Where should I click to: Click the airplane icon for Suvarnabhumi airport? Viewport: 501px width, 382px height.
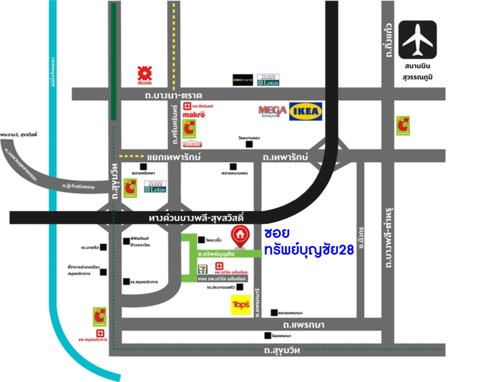point(417,40)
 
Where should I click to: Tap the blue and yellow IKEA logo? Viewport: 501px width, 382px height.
point(305,112)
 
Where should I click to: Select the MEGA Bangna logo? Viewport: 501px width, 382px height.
point(272,111)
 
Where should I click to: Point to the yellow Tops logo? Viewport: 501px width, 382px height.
point(240,305)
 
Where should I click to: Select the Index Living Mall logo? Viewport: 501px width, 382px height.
point(243,80)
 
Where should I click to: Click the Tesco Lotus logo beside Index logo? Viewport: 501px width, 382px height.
point(268,79)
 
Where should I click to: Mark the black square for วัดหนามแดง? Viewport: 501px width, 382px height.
point(249,145)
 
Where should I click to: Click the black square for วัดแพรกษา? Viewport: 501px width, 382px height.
point(267,336)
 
